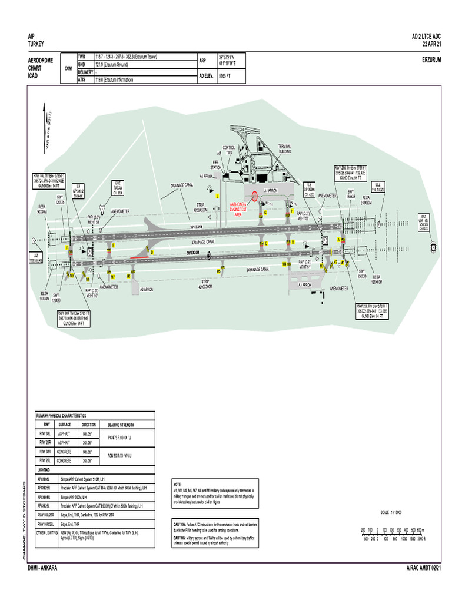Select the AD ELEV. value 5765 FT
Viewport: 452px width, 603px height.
(x=227, y=76)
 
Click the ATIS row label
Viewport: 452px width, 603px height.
(x=82, y=79)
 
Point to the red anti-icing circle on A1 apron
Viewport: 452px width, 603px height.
(x=254, y=196)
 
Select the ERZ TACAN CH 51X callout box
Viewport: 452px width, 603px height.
(x=117, y=188)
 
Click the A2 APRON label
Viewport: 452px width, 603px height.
(x=147, y=289)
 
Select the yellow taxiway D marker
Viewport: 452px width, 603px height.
(x=152, y=252)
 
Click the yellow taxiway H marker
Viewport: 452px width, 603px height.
(x=292, y=210)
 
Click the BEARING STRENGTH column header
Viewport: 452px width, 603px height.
(x=121, y=425)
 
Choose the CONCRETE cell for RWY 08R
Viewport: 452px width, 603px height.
(x=64, y=451)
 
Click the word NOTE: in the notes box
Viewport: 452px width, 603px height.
(x=177, y=483)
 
